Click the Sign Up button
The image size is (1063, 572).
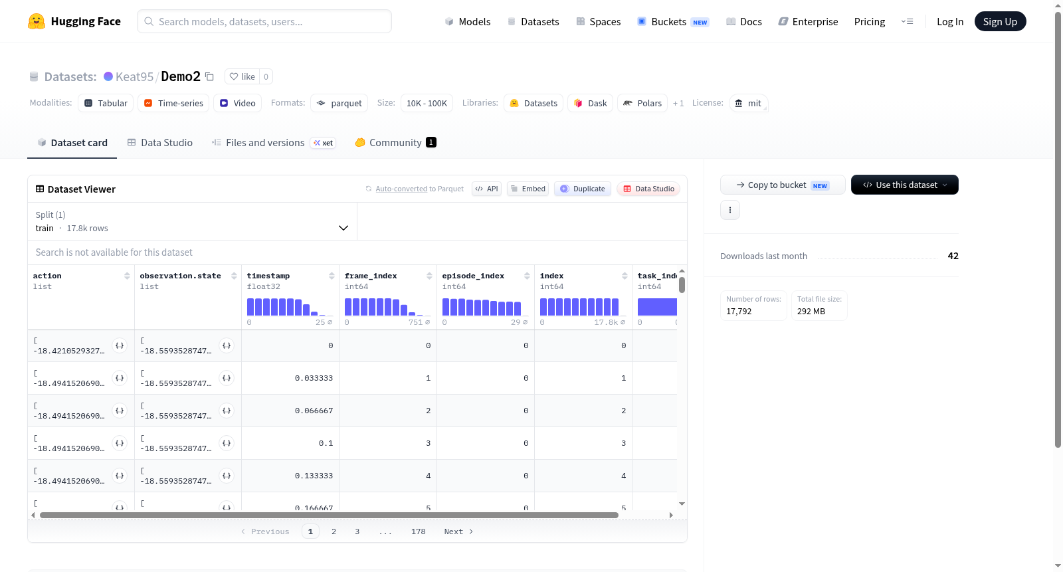(1000, 21)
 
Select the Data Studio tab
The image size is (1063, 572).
(160, 142)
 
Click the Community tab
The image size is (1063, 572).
(395, 142)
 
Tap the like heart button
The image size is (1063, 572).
(242, 76)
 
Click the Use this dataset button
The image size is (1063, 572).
(904, 185)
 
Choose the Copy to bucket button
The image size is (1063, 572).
(783, 185)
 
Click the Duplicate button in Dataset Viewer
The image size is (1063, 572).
(582, 189)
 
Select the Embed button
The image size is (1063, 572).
(528, 189)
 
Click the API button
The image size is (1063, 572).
(486, 189)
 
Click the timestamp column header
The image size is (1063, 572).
(268, 276)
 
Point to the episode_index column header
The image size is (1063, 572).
(473, 276)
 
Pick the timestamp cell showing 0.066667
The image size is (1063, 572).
(314, 411)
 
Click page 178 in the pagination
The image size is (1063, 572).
(418, 531)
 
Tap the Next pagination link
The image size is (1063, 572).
(458, 531)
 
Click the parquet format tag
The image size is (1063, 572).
(339, 103)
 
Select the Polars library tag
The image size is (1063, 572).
(642, 103)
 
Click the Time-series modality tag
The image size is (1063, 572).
(173, 103)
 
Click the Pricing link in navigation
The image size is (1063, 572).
(870, 21)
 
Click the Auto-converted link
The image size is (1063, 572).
(401, 189)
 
